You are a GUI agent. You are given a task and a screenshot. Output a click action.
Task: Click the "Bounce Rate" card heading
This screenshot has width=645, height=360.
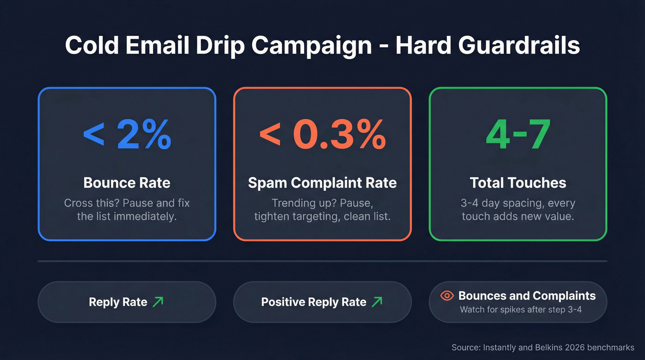pyautogui.click(x=127, y=183)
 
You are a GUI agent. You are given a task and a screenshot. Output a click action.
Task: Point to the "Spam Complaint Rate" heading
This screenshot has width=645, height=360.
pyautogui.click(x=322, y=183)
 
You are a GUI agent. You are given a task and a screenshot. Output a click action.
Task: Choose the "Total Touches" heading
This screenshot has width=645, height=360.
pyautogui.click(x=518, y=183)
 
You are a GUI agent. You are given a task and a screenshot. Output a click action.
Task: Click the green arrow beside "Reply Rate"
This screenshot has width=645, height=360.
pyautogui.click(x=158, y=302)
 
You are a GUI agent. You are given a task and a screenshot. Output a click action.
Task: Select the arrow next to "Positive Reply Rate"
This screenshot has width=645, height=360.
pyautogui.click(x=377, y=302)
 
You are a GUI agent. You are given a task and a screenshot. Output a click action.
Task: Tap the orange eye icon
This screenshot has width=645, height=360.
pyautogui.click(x=447, y=296)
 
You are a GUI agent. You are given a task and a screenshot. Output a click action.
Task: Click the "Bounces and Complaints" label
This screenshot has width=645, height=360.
pyautogui.click(x=527, y=296)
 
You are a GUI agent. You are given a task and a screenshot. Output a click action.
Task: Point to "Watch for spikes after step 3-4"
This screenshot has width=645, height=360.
pyautogui.click(x=521, y=309)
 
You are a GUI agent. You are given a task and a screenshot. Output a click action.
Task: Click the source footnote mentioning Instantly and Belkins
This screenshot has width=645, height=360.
pyautogui.click(x=543, y=348)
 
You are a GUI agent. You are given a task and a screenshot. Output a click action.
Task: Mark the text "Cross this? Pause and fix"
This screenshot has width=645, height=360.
pyautogui.click(x=127, y=203)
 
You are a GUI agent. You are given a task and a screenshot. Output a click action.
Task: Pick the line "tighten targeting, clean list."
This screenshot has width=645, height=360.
pyautogui.click(x=322, y=216)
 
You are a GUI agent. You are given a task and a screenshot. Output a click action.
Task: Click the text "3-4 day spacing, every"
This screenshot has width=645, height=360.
pyautogui.click(x=518, y=203)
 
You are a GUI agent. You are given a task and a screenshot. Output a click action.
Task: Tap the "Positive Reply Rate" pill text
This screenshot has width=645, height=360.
pyautogui.click(x=314, y=302)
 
